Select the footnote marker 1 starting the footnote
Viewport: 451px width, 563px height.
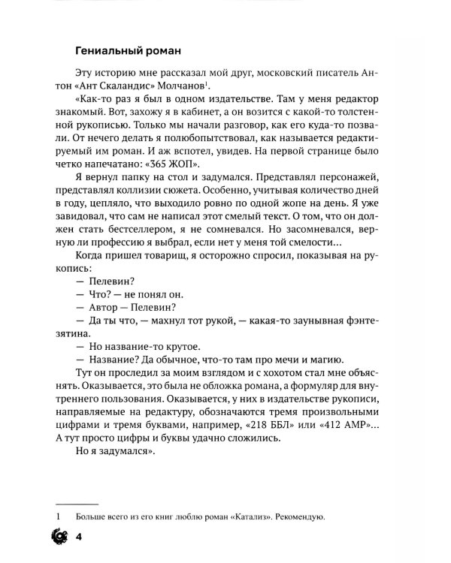57,517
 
